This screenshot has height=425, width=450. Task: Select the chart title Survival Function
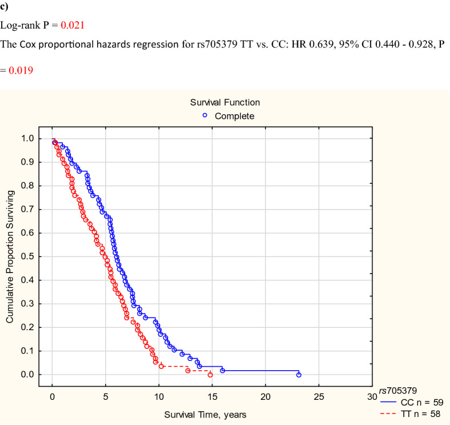tap(225, 103)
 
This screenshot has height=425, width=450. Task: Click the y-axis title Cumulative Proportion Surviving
tap(10, 256)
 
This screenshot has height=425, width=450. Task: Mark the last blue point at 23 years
tap(298, 375)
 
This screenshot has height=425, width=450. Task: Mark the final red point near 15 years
tap(210, 375)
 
